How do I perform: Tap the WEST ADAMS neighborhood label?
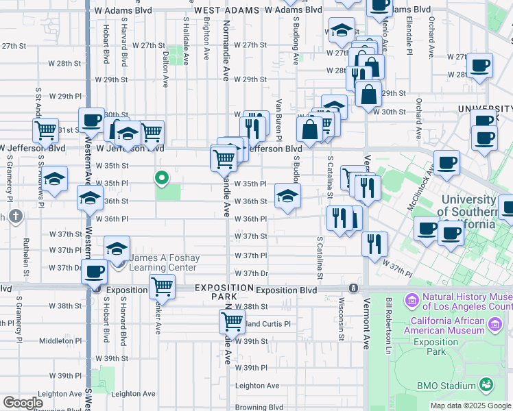(227, 10)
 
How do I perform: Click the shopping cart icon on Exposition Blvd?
(162, 286)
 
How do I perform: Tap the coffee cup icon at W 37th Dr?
(94, 271)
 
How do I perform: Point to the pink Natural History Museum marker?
(412, 300)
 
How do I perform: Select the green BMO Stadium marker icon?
(486, 385)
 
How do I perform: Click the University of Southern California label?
(466, 212)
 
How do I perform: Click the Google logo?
(23, 403)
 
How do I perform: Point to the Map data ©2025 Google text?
(470, 406)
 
